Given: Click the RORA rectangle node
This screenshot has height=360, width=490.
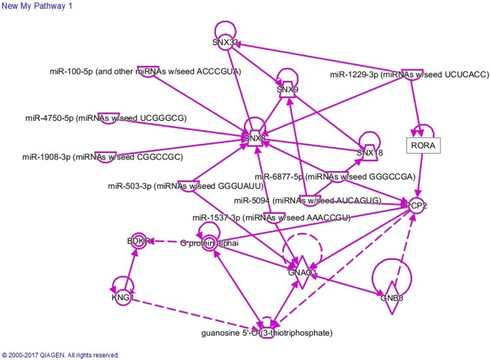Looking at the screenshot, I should coord(422,146).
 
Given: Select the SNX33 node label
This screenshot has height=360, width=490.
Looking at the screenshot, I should coord(225,42).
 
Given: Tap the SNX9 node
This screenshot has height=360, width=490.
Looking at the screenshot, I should coord(288,90).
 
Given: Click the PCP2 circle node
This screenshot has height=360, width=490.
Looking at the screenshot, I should coord(417,206).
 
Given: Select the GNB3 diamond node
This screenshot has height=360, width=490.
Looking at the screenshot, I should coord(392,298).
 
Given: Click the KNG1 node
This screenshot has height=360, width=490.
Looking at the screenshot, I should coord(122,296).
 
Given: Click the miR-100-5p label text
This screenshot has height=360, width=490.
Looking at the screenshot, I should coord(145,72).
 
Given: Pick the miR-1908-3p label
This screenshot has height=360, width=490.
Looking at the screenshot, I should coord(102,157).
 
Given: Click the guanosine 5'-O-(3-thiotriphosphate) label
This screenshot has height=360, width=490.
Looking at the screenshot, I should coord(267,333).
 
